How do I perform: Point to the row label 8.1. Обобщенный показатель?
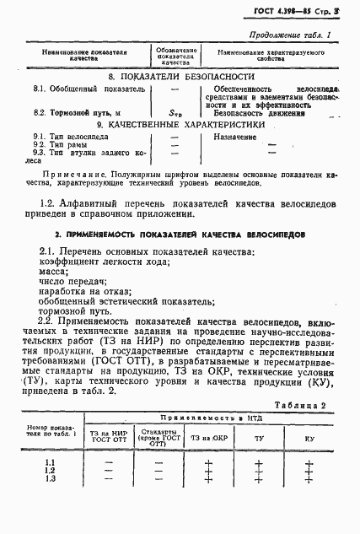point(83,88)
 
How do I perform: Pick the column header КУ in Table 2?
point(309,440)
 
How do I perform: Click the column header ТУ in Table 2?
point(258,440)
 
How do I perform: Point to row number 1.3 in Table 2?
point(50,478)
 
